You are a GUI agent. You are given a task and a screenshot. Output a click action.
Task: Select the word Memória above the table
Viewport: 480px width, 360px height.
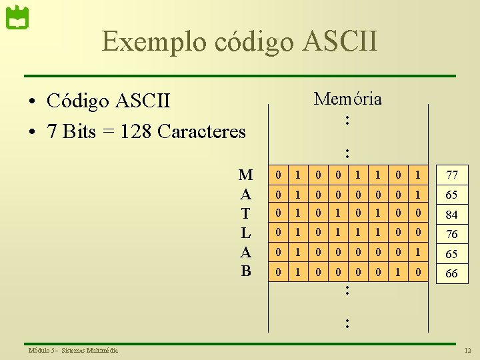click(x=347, y=99)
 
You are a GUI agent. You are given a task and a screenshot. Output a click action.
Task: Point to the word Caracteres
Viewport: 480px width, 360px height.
click(x=203, y=131)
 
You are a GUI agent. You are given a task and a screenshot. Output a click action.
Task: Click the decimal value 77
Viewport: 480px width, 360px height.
click(x=452, y=176)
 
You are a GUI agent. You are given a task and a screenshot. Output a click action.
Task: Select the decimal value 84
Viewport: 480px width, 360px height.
click(x=452, y=215)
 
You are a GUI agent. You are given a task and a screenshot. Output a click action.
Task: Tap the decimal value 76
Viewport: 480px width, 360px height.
click(x=452, y=234)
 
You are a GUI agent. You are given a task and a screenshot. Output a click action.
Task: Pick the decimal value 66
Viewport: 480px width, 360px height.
click(x=452, y=273)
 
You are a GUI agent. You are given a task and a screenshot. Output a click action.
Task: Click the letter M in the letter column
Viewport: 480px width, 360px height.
click(x=245, y=175)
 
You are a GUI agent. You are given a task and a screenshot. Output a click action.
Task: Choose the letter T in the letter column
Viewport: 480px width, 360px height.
click(x=245, y=213)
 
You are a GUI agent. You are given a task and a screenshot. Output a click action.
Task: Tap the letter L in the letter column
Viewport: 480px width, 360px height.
click(x=245, y=233)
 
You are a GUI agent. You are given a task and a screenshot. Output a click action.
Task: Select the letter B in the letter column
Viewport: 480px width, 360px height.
click(x=245, y=271)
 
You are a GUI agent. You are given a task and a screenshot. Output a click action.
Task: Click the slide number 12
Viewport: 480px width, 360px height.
click(x=467, y=351)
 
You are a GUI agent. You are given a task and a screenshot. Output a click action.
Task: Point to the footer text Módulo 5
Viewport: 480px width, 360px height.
click(x=42, y=351)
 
